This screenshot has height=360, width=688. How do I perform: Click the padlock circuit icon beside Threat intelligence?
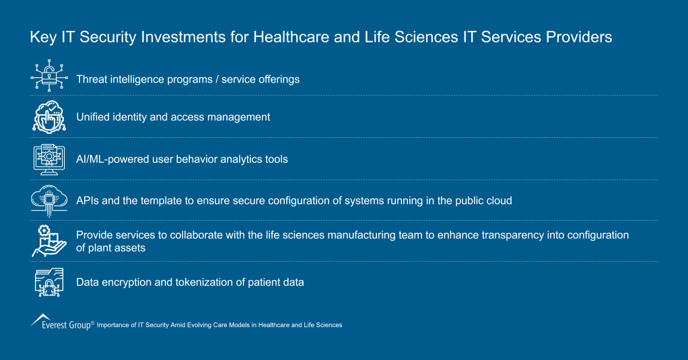49,77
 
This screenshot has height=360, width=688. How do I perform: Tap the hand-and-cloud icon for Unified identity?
49,116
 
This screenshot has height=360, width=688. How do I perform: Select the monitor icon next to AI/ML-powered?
49,159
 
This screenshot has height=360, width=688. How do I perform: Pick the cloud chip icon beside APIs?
49,199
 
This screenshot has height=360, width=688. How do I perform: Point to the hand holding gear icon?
49,241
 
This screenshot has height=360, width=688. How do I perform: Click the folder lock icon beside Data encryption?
49,282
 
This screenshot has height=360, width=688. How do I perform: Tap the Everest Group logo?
61,322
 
